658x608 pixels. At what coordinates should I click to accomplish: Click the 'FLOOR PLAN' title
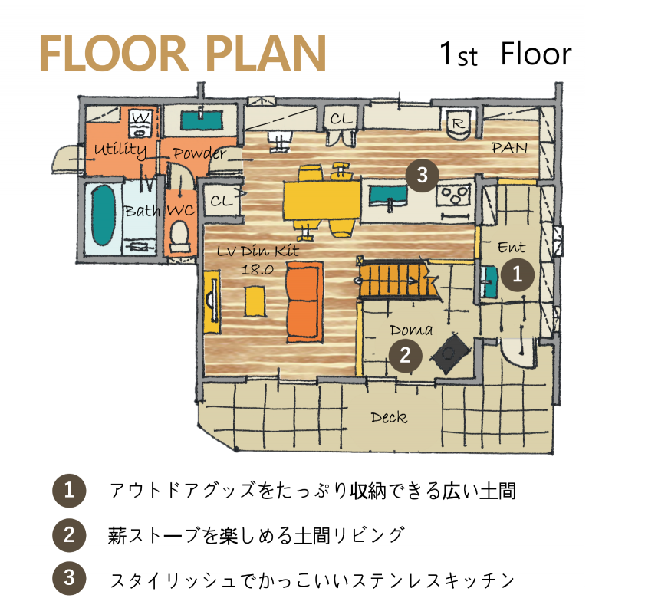(x=183, y=54)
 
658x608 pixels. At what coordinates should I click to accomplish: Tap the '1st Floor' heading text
(x=505, y=54)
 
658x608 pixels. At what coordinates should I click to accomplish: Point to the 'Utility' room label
(x=120, y=150)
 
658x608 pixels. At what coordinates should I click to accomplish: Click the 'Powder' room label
(x=199, y=153)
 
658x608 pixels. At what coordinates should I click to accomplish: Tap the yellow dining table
(x=322, y=200)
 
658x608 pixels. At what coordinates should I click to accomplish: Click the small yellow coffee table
(x=255, y=301)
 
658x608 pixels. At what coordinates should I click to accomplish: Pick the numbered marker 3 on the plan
(x=422, y=175)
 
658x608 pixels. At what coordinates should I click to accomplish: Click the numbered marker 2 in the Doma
(x=405, y=356)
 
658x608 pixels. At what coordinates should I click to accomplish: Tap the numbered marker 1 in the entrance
(x=518, y=274)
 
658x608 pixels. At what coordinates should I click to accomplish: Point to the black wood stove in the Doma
(x=449, y=353)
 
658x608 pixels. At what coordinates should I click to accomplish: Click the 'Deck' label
(x=389, y=418)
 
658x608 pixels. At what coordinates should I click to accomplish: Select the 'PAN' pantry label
(x=509, y=148)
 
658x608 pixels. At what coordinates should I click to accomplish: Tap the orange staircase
(x=395, y=278)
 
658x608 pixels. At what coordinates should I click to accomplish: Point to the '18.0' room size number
(x=257, y=269)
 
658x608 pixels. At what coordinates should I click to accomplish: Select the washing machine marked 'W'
(x=140, y=123)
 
